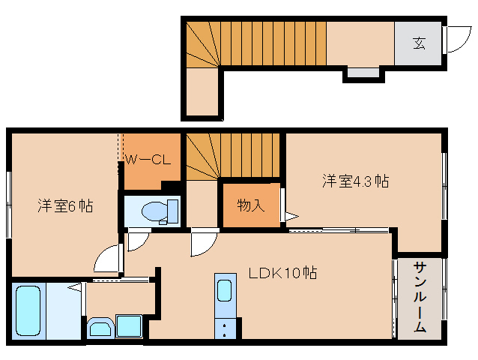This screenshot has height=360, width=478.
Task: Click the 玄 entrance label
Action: pos(419,43)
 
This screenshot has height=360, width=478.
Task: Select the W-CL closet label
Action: pos(148,159)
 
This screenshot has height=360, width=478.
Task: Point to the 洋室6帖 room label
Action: pos(65,206)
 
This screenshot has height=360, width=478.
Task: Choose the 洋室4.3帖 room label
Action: pos(356,181)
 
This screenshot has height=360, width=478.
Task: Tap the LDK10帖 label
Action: pos(282,273)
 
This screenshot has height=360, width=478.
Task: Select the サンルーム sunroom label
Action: pos(420,297)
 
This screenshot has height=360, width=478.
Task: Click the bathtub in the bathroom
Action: pos(28,311)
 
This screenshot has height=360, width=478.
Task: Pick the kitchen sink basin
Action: pos(225,291)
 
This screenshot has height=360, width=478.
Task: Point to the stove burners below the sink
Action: pos(225,329)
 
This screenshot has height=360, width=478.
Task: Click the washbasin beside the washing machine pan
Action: pos(100,328)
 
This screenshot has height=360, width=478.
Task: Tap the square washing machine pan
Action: pos(129,326)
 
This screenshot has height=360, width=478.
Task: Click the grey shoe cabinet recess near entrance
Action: pos(363,72)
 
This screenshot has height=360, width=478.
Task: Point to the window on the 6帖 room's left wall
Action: pos(9,205)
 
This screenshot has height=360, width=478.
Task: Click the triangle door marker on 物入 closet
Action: pos(291,217)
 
